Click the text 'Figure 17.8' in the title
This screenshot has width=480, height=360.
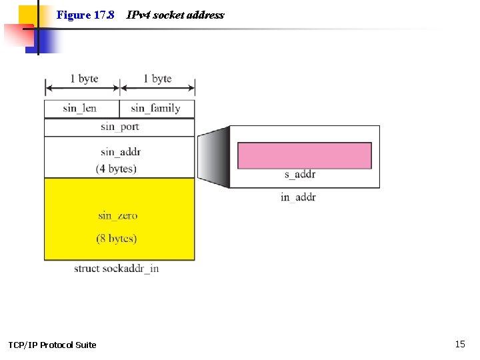(85, 15)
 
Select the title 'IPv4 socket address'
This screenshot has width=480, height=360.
(175, 15)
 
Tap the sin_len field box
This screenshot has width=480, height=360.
(81, 109)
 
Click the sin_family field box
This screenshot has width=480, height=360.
(157, 109)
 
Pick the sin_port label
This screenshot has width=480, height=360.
(120, 127)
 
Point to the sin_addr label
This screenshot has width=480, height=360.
(121, 151)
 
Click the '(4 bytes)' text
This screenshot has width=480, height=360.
(116, 169)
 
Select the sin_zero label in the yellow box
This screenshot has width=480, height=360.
(117, 215)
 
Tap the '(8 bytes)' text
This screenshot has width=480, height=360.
(116, 239)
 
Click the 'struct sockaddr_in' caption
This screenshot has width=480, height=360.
(116, 269)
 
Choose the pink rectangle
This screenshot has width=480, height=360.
(304, 155)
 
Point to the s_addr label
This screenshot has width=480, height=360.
(300, 175)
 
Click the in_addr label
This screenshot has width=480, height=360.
(298, 197)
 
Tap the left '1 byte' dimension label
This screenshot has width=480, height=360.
(84, 79)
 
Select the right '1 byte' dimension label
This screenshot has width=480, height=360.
(157, 79)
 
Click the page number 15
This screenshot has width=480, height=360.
(460, 344)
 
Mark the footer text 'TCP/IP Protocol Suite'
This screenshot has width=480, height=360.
(52, 345)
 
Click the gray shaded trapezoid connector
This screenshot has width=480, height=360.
(213, 157)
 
